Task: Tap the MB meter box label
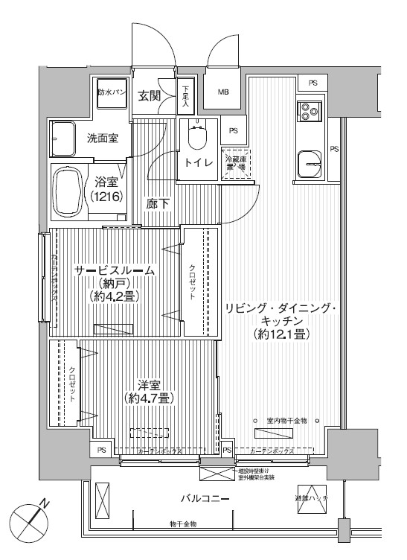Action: tap(223, 92)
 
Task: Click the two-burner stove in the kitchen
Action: tap(308, 112)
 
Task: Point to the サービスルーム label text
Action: tap(115, 271)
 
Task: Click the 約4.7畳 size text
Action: tap(150, 398)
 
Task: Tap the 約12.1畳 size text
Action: tap(281, 335)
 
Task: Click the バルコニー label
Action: tap(204, 498)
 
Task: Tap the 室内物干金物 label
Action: tap(286, 421)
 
